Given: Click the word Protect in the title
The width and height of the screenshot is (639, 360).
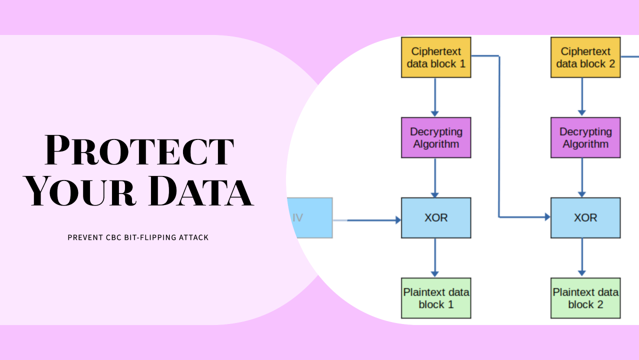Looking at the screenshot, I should coord(139,150).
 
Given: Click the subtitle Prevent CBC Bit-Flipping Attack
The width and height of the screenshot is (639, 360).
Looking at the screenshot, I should coord(138,237).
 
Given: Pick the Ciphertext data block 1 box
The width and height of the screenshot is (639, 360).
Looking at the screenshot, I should coord(436,57).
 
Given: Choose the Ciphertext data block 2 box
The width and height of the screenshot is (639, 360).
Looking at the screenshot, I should coord(585,57).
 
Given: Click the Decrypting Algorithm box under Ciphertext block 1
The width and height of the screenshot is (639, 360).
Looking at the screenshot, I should coord(436,137).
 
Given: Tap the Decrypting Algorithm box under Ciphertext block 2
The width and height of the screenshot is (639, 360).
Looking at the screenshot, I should coord(585,137).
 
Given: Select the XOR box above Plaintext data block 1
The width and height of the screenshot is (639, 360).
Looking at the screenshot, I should coord(436,218).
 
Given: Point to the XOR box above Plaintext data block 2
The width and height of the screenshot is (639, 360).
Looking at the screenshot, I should coord(585,218).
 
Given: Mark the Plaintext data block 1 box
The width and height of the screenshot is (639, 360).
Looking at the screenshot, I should coord(436,298).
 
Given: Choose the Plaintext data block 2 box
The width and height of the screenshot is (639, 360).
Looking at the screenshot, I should coord(585,298).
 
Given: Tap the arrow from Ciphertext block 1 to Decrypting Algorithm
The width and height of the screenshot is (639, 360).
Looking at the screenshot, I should coord(435,97).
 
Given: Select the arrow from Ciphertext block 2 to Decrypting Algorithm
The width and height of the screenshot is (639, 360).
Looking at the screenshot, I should coord(582,97).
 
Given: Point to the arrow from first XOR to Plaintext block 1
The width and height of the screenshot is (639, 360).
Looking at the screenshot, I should coord(435,257).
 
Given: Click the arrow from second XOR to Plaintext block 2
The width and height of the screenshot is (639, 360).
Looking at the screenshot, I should coord(582,257).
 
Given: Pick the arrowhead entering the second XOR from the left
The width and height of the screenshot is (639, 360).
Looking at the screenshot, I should coord(546,217).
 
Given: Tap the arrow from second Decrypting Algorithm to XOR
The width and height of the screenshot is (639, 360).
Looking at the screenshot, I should coord(582,177).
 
